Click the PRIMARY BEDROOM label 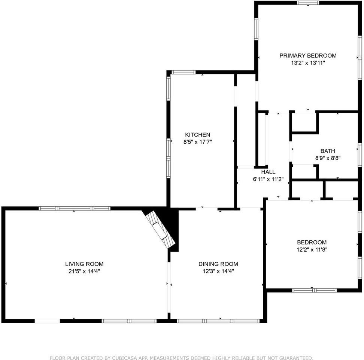coord(308,55)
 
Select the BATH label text coord(327,151)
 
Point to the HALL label coord(268,172)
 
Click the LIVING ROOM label coord(84,264)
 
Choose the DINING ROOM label coord(218,264)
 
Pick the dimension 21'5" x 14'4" coord(84,271)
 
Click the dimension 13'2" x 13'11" coord(308,63)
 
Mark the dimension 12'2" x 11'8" coord(312,249)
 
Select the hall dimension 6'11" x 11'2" coord(268,179)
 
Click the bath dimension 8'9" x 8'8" coord(327,158)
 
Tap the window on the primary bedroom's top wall coord(308,3)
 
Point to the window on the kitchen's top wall coord(183,72)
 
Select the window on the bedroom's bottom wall coord(315,290)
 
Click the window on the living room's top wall coord(74,208)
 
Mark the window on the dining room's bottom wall coord(218,321)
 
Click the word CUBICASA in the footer coord(114,358)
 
